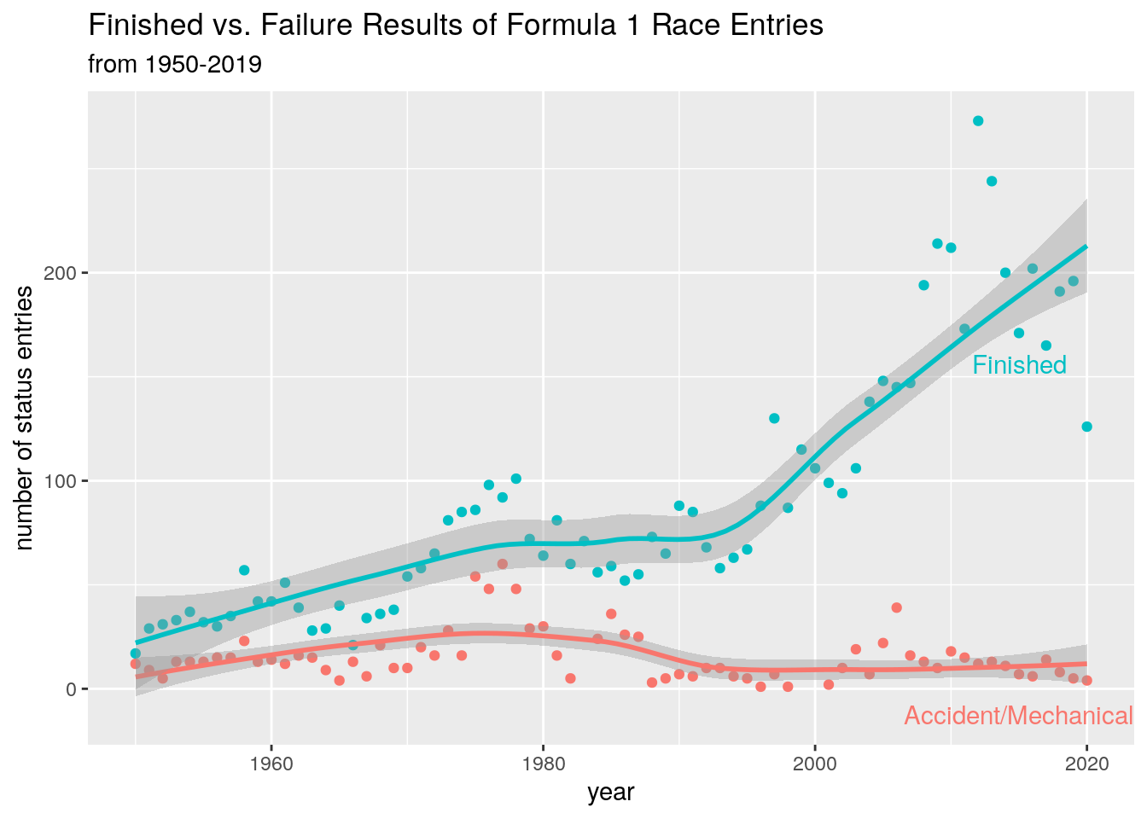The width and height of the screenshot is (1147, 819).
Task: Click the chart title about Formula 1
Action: click(456, 26)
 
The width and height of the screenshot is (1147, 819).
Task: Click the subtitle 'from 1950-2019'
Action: click(175, 64)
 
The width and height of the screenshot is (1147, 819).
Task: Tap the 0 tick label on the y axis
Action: click(72, 689)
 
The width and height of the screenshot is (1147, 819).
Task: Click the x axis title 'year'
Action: click(611, 793)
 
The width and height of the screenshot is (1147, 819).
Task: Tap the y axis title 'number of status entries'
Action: click(26, 418)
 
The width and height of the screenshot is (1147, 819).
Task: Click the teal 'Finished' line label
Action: click(1019, 365)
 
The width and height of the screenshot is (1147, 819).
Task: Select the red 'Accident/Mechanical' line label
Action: click(1018, 716)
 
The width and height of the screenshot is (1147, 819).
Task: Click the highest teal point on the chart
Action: click(978, 121)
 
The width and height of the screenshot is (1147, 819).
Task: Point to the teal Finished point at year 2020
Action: click(1086, 427)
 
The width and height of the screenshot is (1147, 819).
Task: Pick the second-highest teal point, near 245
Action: click(992, 181)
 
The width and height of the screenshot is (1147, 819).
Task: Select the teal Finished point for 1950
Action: click(135, 653)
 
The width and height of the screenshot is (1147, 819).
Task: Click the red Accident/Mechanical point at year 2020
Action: click(1086, 680)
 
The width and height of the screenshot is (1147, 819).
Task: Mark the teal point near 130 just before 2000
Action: click(774, 418)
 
